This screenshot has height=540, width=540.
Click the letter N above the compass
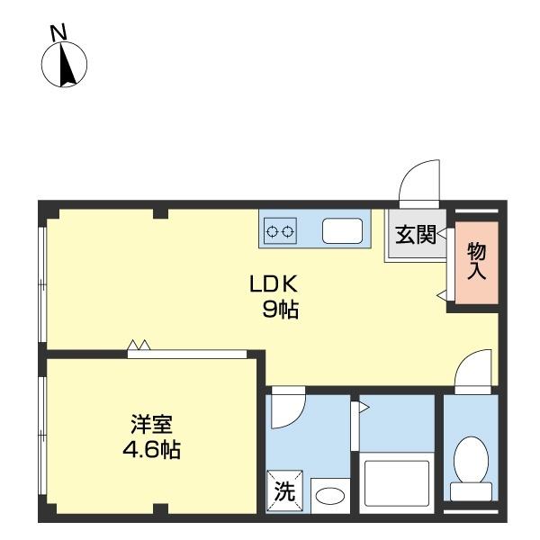(58, 33)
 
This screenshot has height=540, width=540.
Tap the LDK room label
(273, 284)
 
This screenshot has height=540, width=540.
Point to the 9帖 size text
(280, 309)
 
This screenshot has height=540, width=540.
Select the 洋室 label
(151, 424)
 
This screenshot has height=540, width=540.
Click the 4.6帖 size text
(151, 449)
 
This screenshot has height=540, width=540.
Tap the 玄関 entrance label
(416, 235)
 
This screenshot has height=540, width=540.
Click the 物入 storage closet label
(477, 261)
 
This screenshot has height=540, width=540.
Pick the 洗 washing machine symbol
(284, 491)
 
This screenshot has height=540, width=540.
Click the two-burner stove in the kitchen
(280, 230)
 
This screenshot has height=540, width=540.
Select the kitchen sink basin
(342, 230)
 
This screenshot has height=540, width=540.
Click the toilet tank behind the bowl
(471, 491)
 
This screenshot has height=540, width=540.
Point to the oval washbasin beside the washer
(330, 496)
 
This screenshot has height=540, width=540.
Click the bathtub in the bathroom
(397, 482)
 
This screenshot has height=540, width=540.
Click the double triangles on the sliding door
(139, 345)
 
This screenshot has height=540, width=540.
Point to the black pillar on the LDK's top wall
(160, 213)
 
